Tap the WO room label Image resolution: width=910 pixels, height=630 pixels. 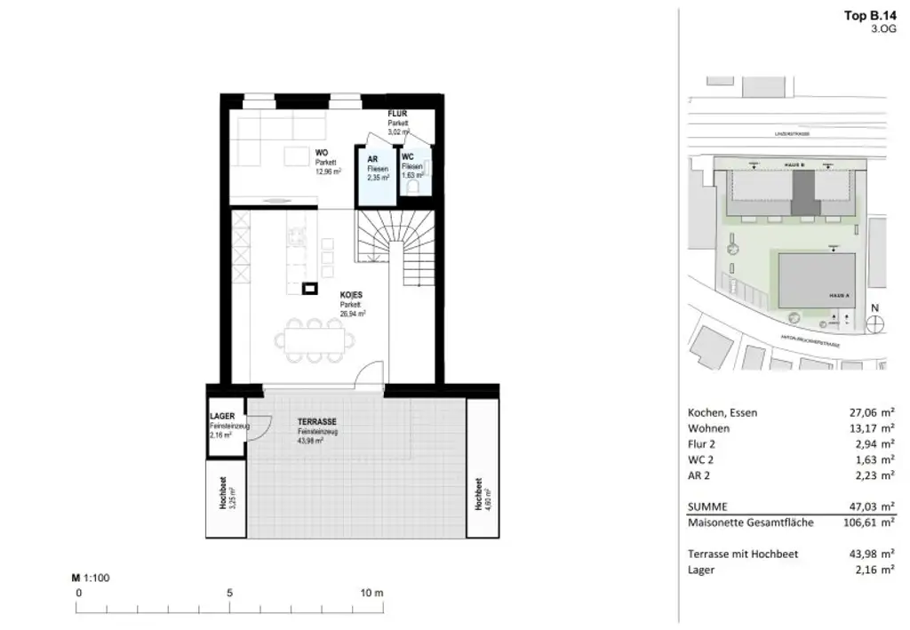(x=321, y=152)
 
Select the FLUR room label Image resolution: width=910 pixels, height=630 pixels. (x=396, y=114)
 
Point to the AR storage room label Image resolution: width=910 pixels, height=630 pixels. (x=373, y=158)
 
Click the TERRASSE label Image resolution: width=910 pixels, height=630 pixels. (x=317, y=423)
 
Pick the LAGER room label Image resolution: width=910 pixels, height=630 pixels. (x=222, y=416)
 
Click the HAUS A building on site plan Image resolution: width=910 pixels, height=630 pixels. (x=817, y=279)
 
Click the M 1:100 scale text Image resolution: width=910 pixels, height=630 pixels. (x=90, y=578)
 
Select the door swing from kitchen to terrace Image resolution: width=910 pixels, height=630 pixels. (x=367, y=379)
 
